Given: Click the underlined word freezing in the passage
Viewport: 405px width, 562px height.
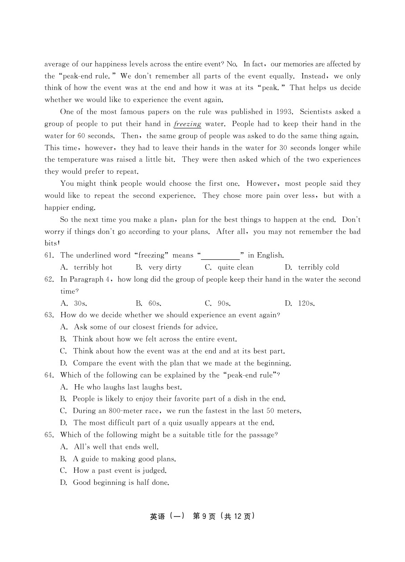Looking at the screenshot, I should coord(188,124).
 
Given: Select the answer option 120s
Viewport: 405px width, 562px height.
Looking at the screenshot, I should coord(306,304).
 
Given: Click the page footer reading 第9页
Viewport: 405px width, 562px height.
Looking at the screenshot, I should coord(204,516).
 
